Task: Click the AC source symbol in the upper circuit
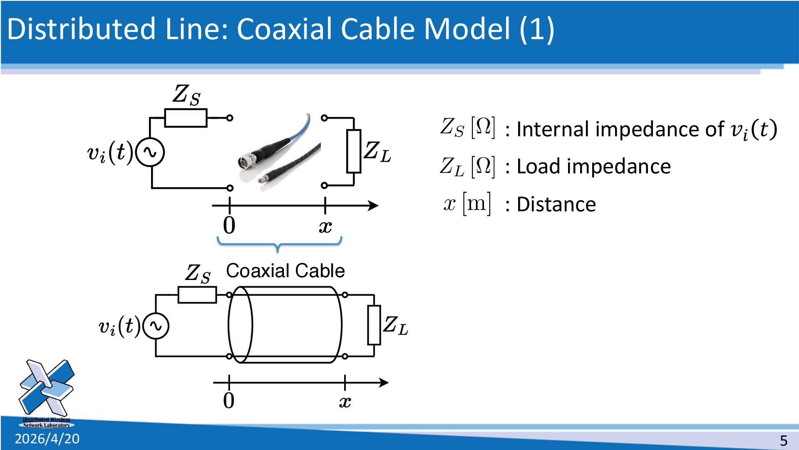150,152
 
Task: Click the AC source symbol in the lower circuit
156,326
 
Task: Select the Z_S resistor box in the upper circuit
186,118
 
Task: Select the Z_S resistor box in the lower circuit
197,295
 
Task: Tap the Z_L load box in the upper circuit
354,151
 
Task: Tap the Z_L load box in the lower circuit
374,325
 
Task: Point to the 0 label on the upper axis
229,225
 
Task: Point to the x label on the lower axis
345,402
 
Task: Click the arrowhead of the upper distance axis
373,205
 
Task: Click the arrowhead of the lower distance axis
383,382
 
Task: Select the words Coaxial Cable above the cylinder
285,271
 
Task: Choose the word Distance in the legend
556,205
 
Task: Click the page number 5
784,440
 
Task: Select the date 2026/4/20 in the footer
47,439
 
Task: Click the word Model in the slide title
466,29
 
